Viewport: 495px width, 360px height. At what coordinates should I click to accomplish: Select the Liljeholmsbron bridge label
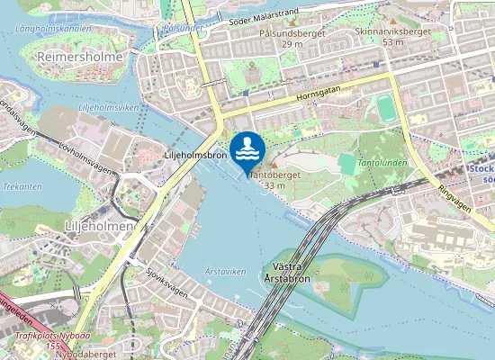(x=194, y=156)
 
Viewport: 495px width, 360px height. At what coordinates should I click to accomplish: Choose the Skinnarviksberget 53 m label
(x=392, y=36)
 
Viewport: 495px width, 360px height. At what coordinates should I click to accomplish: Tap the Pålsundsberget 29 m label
(x=292, y=38)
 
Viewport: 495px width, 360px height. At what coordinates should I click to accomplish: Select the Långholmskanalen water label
(x=53, y=28)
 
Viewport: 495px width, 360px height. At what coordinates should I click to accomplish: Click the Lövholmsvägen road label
(x=88, y=157)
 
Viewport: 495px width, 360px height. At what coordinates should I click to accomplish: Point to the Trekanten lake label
(x=22, y=186)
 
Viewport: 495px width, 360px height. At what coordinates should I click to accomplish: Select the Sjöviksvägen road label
(x=166, y=280)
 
